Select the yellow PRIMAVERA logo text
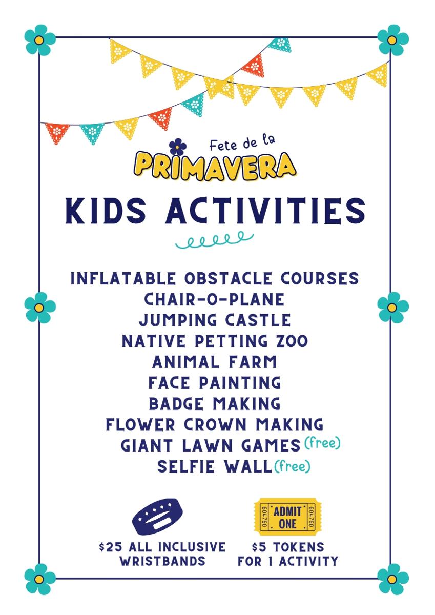(x=215, y=167)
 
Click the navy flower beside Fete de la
(x=178, y=147)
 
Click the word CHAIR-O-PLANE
(x=214, y=299)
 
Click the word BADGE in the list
(x=176, y=404)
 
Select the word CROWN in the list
(x=215, y=425)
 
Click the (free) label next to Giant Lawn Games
(x=322, y=443)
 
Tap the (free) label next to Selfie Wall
(x=292, y=466)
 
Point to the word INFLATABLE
(x=122, y=278)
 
